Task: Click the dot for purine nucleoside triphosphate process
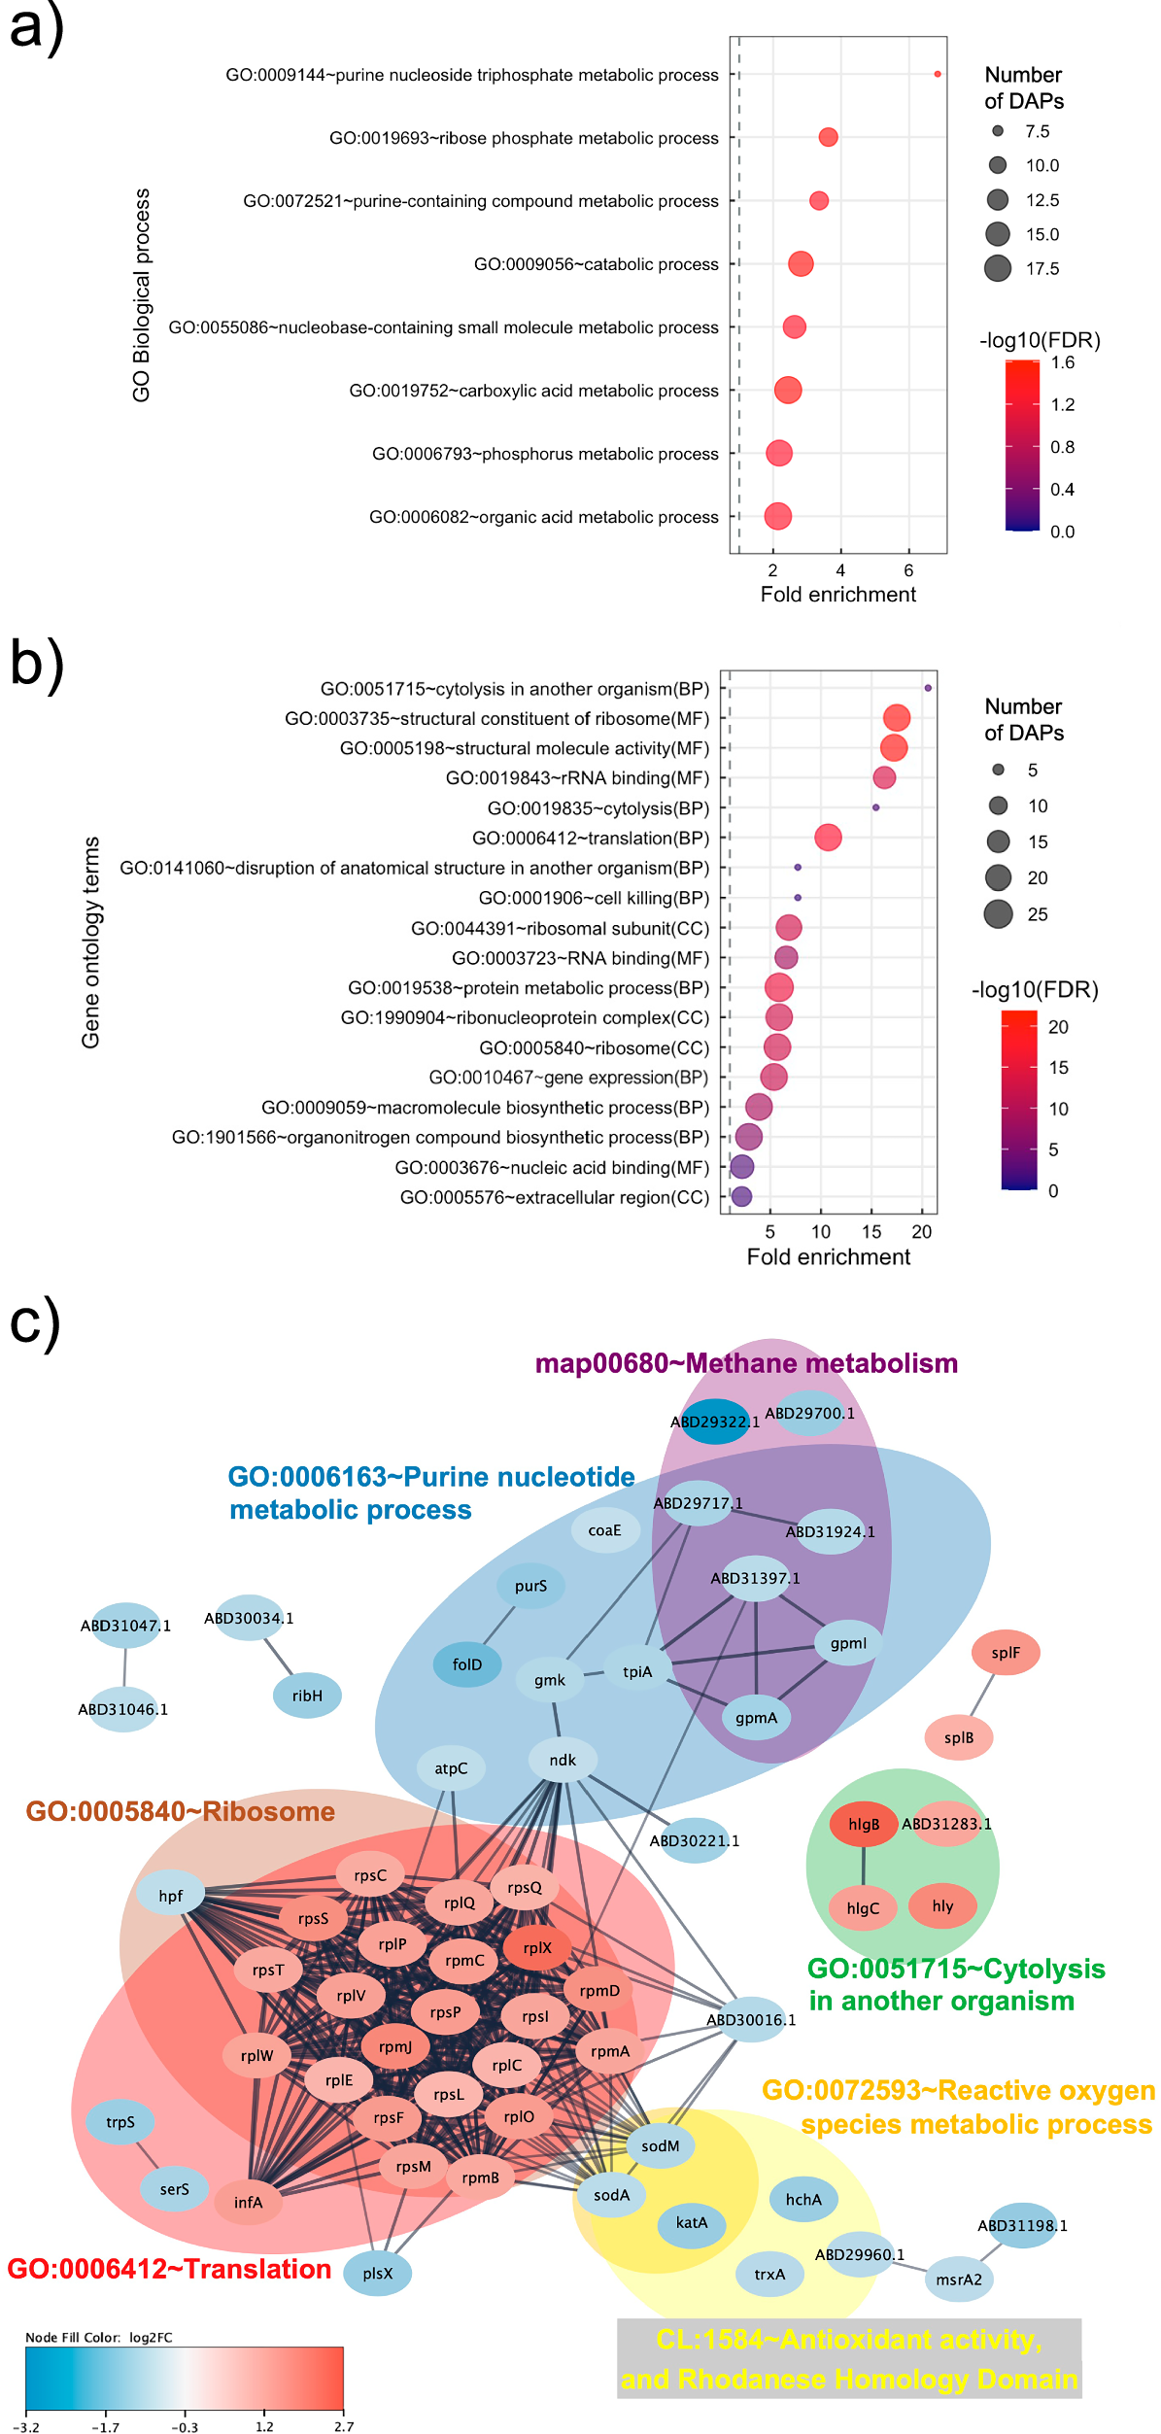[x=937, y=74]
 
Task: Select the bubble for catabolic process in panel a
[x=800, y=263]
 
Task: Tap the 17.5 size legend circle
[x=998, y=268]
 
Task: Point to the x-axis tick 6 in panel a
[x=908, y=571]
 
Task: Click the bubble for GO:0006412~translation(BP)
[x=828, y=837]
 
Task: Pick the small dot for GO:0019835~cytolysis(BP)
[x=875, y=807]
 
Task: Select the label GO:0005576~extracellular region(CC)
[x=555, y=1197]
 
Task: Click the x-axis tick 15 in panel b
[x=871, y=1232]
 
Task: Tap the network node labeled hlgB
[x=863, y=1824]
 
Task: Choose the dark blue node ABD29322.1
[x=715, y=1422]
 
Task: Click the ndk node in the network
[x=563, y=1760]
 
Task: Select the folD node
[x=467, y=1664]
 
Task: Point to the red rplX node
[x=537, y=1947]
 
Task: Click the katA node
[x=691, y=2222]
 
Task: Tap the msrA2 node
[x=959, y=2279]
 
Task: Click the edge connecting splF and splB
[x=981, y=1696]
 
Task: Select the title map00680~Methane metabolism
[x=746, y=1363]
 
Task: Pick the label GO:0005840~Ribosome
[x=180, y=1811]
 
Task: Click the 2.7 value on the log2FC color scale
[x=343, y=2426]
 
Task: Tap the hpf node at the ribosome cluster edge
[x=170, y=1896]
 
